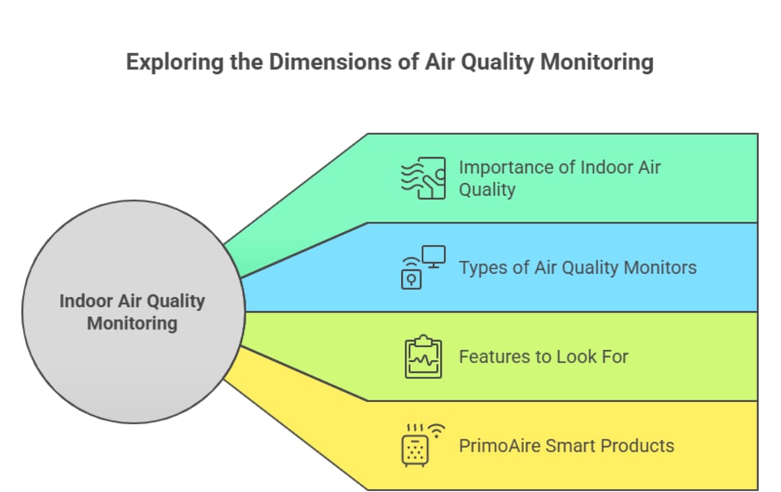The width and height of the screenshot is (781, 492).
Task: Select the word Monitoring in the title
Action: [596, 62]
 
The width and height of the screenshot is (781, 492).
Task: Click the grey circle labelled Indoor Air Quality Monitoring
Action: [133, 312]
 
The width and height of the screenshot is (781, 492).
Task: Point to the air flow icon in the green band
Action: [423, 178]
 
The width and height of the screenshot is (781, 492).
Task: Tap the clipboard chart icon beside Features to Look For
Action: [423, 357]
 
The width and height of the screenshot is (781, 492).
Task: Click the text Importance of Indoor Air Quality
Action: [559, 178]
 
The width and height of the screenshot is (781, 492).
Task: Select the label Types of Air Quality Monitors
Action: [577, 268]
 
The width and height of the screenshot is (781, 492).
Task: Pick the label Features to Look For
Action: [543, 356]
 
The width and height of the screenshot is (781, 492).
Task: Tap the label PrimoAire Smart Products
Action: [566, 445]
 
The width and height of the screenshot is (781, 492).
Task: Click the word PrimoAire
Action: [500, 445]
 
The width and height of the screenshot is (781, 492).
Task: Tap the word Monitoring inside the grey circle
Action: [132, 323]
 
